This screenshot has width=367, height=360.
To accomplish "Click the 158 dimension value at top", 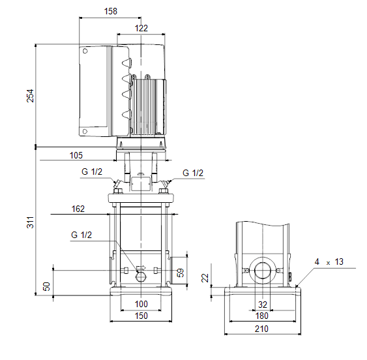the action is (110, 11).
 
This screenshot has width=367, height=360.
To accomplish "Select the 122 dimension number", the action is (141, 28).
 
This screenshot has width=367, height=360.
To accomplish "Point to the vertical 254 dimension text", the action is (30, 96).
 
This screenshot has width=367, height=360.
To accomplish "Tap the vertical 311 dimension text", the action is (30, 222).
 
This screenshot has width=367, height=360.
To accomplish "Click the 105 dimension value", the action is (76, 155).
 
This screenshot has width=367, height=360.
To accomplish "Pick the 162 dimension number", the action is (78, 209).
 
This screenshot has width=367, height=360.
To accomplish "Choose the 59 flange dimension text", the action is (181, 273).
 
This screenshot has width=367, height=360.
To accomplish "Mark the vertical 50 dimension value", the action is (46, 286).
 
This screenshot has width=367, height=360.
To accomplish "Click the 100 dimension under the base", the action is (141, 304).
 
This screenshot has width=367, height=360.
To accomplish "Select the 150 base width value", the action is (141, 316).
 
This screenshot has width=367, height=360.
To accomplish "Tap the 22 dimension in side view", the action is (205, 278).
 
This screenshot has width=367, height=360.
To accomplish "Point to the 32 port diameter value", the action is (263, 305).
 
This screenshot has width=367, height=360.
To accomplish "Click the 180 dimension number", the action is (261, 316).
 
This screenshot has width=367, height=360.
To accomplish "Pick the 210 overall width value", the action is (261, 329).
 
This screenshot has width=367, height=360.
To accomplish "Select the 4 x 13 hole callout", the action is (329, 262).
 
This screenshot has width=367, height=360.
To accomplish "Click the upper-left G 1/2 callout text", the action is (92, 172).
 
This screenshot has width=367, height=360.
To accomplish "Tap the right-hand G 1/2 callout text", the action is (193, 173).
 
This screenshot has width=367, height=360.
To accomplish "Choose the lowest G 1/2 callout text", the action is (81, 235).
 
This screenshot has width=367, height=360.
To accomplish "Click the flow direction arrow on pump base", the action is (141, 267).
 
